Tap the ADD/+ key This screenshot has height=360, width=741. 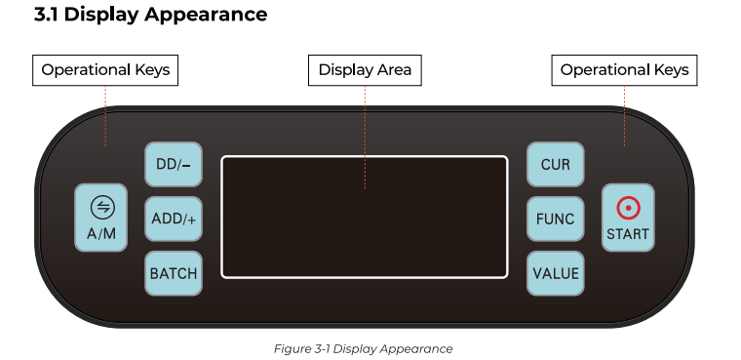(174, 220)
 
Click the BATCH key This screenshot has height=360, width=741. (174, 273)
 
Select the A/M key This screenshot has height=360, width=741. (101, 219)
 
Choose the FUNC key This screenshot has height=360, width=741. (555, 220)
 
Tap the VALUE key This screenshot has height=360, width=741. (555, 273)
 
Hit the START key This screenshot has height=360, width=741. (628, 219)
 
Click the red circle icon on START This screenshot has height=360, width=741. (628, 208)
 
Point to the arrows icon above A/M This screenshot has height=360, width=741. (101, 207)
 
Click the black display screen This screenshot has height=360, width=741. (365, 217)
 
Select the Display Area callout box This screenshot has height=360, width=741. (365, 70)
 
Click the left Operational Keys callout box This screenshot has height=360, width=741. (105, 70)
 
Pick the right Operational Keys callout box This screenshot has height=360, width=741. (625, 70)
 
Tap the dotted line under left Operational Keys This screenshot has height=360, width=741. (105, 115)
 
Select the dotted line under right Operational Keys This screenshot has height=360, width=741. (625, 115)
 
